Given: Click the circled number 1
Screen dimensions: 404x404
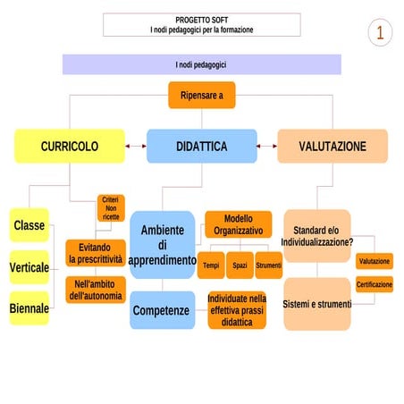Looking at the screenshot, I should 380,33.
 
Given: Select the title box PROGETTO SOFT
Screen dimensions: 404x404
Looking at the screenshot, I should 201,24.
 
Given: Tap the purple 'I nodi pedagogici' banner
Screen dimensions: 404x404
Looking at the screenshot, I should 201,64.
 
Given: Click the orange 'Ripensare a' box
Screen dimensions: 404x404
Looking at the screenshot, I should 202,95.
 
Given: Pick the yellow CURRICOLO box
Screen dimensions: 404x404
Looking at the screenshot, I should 69,146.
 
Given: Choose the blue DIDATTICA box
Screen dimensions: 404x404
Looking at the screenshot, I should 201,146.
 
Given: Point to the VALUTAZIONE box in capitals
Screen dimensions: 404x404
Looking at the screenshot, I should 332,146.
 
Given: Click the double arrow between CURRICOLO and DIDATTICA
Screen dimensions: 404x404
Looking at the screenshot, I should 135,146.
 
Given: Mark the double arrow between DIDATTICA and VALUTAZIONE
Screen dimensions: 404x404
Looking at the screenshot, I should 267,146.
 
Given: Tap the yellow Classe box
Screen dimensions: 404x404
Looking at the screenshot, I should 29,225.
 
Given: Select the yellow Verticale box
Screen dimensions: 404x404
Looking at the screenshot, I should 29,267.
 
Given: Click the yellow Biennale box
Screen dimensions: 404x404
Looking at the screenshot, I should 29,308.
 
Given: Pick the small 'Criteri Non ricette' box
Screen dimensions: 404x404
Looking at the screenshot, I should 111,207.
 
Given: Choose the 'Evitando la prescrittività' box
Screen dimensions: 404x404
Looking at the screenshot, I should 96,253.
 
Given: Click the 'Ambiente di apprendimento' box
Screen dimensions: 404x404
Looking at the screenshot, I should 163,245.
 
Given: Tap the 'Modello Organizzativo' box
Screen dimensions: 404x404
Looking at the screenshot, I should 239,223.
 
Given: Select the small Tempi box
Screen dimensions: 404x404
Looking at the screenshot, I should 211,265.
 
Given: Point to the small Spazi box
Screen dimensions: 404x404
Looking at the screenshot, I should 240,265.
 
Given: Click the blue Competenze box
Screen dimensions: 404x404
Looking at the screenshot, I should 161,310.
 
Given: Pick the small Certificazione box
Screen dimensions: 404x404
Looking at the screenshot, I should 374,284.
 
